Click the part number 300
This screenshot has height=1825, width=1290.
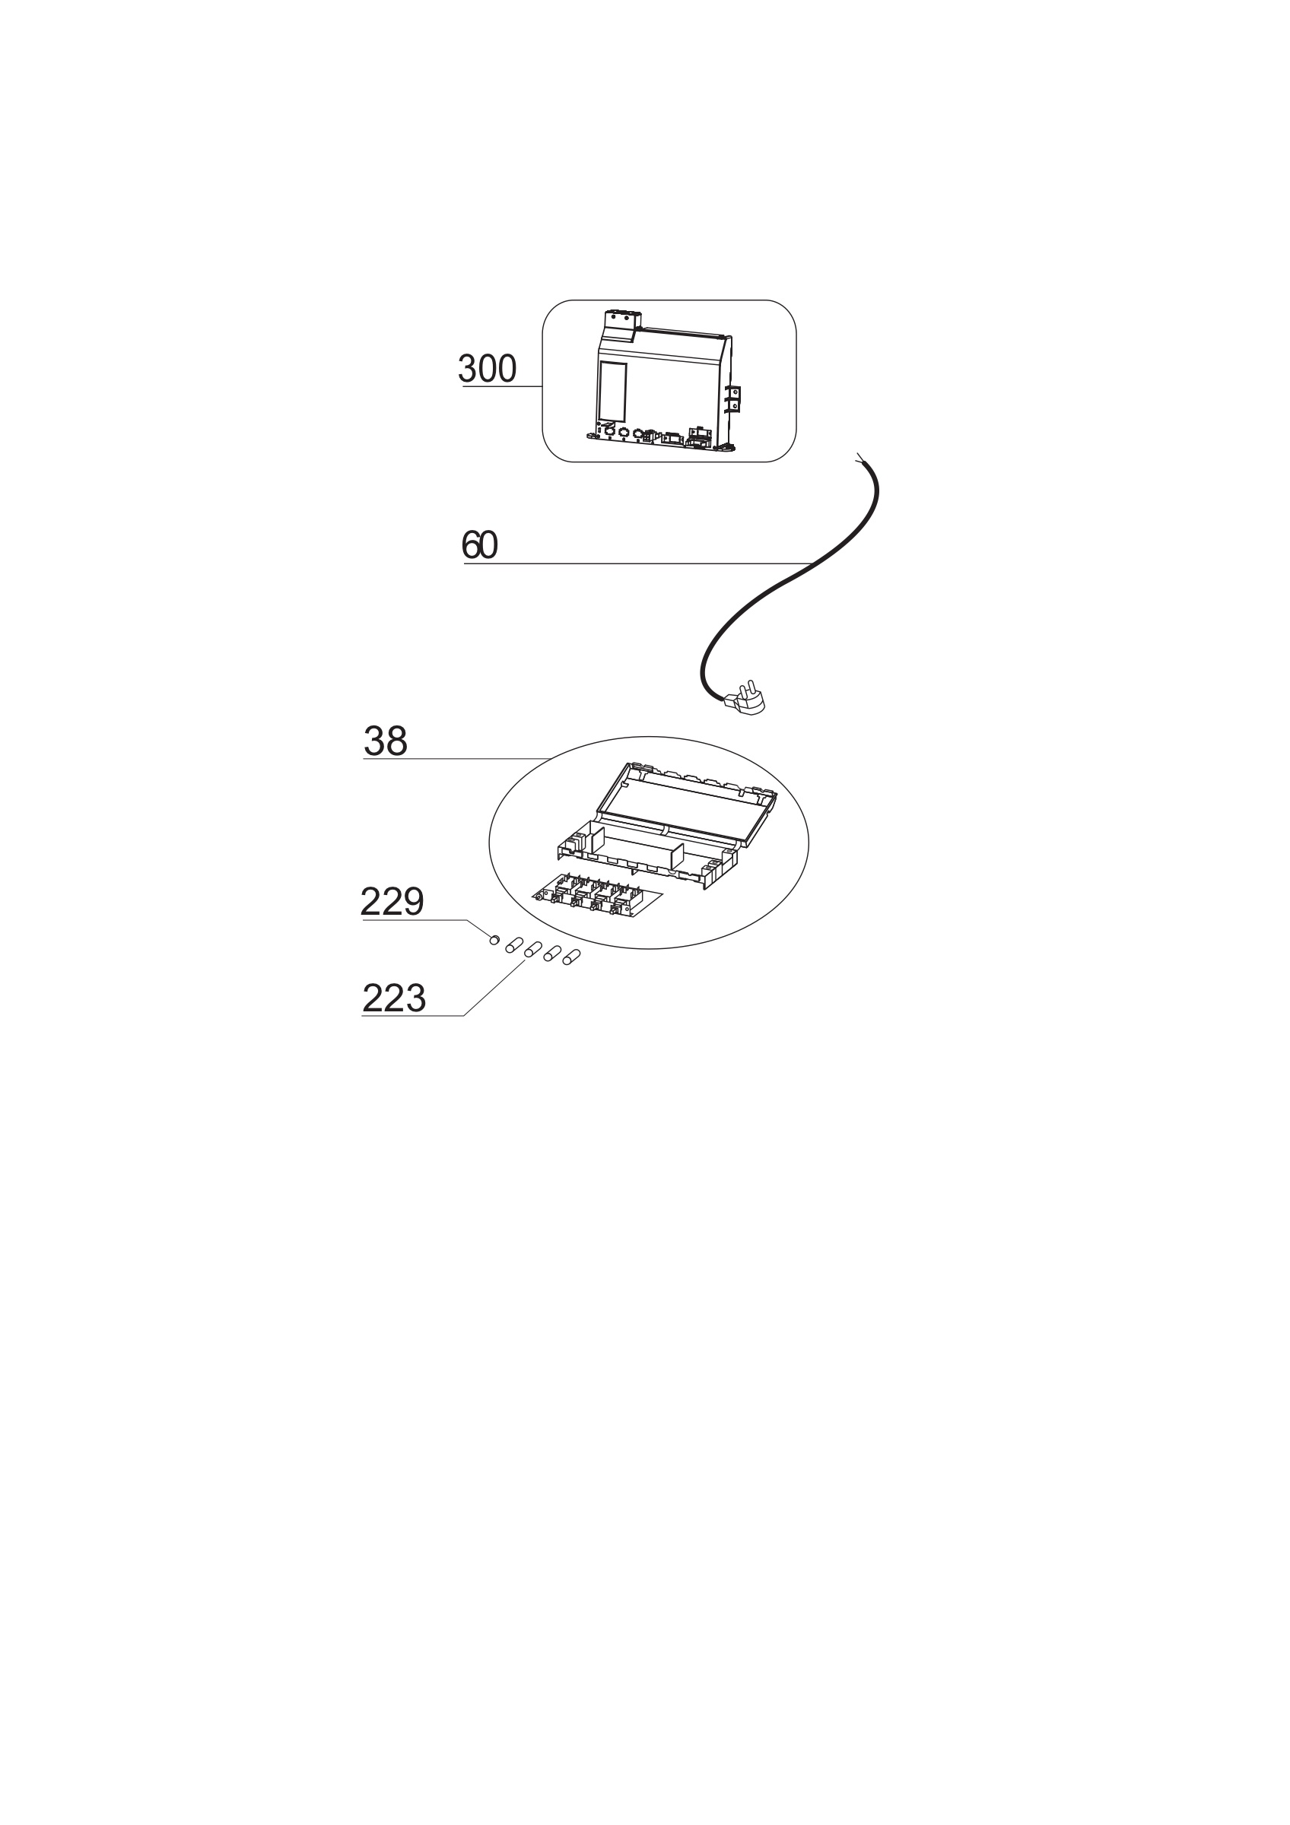click(488, 369)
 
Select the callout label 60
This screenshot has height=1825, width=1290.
click(479, 545)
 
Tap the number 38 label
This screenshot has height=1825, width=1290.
click(386, 741)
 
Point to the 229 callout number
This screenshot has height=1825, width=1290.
click(392, 902)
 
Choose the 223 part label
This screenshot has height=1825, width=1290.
click(394, 998)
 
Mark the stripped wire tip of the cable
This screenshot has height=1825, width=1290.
click(861, 459)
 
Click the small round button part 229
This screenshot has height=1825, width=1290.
click(494, 941)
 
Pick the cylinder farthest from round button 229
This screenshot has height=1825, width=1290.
click(570, 958)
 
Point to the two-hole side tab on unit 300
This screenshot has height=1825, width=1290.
click(735, 398)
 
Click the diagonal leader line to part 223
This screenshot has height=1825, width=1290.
click(494, 988)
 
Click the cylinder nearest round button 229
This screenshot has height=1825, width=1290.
click(513, 945)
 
